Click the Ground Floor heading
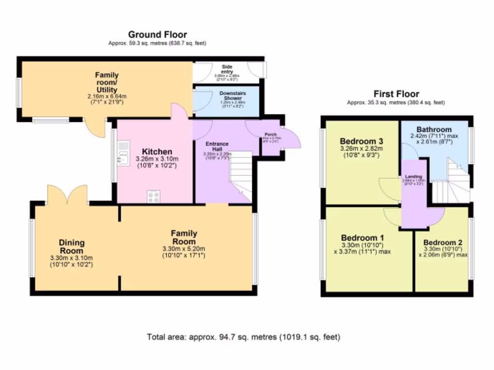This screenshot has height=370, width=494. click(x=157, y=35)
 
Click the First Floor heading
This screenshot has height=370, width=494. click(x=397, y=94)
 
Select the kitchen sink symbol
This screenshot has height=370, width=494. click(x=123, y=153)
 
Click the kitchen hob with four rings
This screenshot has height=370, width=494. click(x=153, y=196)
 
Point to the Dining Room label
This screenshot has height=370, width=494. click(x=72, y=247)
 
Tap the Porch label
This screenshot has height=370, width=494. click(x=270, y=134)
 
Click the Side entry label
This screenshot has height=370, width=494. click(x=227, y=69)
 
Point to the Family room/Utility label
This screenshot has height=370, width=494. click(x=106, y=82)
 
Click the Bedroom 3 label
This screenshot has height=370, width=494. click(x=361, y=141)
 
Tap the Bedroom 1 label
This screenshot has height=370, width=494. click(x=362, y=238)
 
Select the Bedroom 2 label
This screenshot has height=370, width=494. click(x=443, y=242)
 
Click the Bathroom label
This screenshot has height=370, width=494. click(x=434, y=130)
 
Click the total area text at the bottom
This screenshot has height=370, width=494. click(x=243, y=337)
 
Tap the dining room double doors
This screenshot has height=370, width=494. click(x=67, y=195)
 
